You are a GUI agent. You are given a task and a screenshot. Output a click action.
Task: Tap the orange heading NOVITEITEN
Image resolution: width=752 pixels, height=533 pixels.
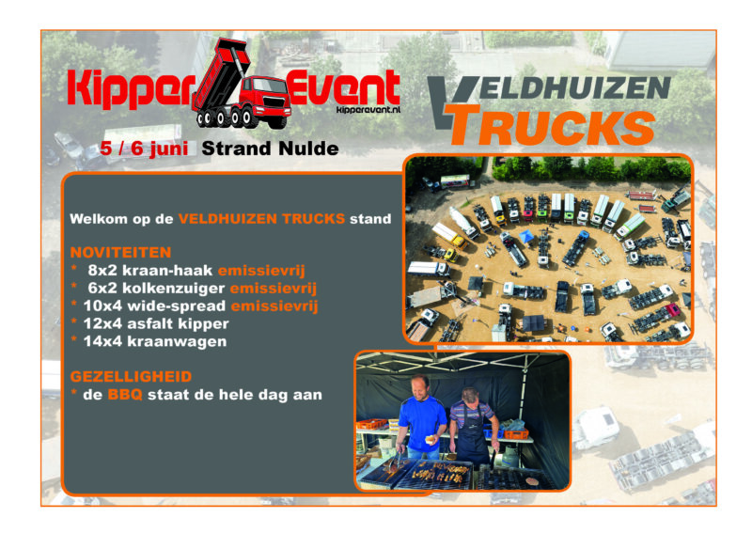tap(119, 252)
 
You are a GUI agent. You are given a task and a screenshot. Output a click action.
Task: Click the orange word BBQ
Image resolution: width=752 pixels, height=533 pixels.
tap(125, 395)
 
